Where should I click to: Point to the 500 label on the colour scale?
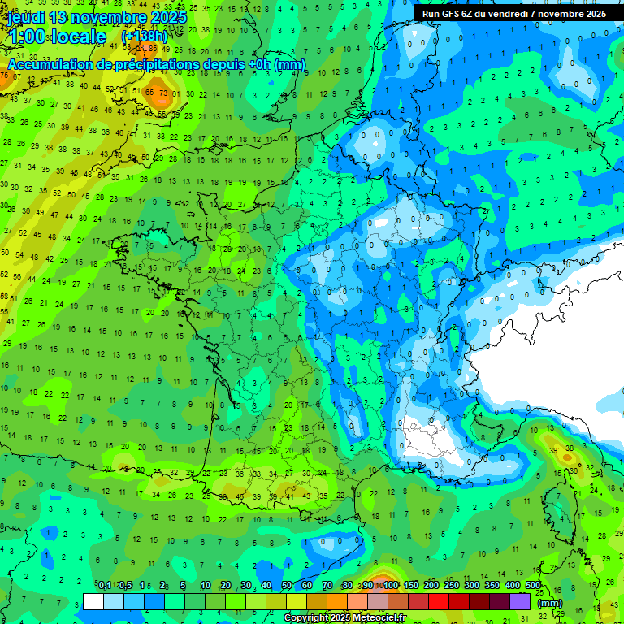tap(533, 586)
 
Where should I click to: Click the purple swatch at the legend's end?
tap(520, 601)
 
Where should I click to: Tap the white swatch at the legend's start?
tap(93, 601)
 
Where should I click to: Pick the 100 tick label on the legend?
tap(391, 586)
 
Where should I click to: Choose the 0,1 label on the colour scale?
tap(105, 586)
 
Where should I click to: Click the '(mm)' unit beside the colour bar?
tap(551, 603)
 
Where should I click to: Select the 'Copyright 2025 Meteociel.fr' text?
tap(345, 618)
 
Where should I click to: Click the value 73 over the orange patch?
tap(163, 93)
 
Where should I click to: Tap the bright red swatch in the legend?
tap(439, 601)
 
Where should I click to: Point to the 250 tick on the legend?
tap(452, 586)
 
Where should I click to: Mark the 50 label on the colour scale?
tap(287, 586)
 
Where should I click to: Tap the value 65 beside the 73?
tap(149, 92)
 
